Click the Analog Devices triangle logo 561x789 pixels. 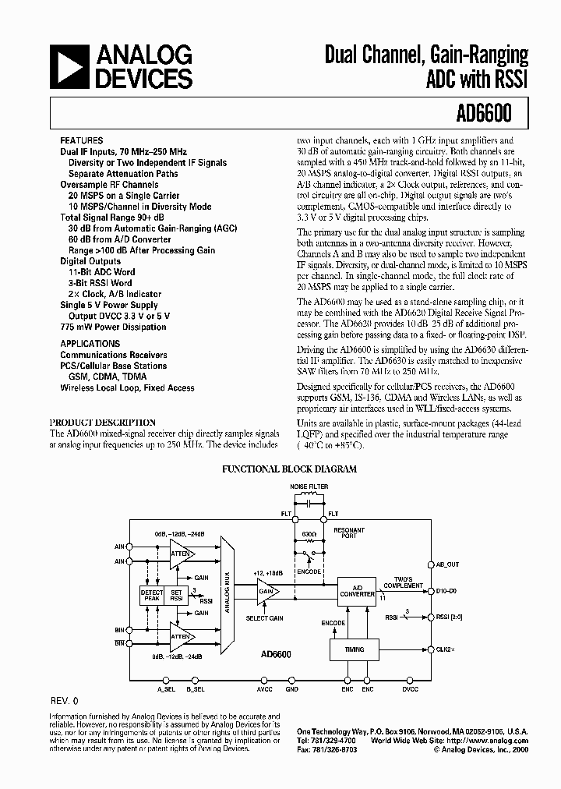(x=69, y=66)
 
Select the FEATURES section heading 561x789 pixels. (x=81, y=141)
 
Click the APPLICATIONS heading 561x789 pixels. (x=90, y=344)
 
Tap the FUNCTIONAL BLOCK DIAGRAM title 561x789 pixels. (x=289, y=469)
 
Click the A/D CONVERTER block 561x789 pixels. (x=356, y=589)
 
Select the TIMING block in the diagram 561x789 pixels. (x=356, y=649)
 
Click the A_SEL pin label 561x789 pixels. (x=166, y=689)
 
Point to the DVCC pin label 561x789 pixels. (x=410, y=689)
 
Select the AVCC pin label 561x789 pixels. (x=265, y=689)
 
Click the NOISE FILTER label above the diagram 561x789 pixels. (x=309, y=486)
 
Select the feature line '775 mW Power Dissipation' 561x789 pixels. (x=114, y=327)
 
